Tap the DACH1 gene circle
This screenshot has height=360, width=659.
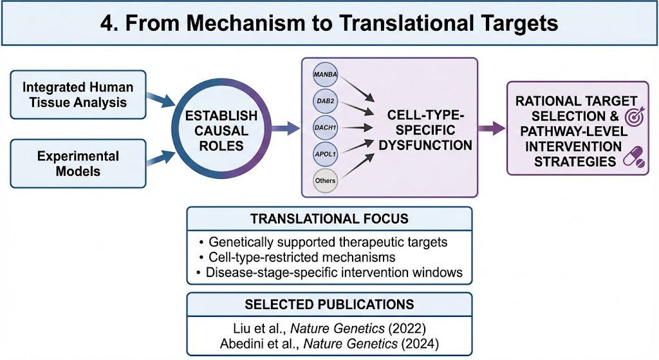326,129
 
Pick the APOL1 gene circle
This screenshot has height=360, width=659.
326,155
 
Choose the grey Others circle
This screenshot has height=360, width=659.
326,181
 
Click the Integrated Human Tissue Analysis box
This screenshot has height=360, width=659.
79,94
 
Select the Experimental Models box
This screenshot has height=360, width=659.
79,164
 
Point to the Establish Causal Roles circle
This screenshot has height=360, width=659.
221,130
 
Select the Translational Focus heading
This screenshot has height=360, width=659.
329,218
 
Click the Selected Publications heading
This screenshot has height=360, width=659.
329,304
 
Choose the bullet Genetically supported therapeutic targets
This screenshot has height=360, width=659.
328,243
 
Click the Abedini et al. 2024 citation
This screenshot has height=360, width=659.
329,341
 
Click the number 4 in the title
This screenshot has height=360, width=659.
108,24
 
